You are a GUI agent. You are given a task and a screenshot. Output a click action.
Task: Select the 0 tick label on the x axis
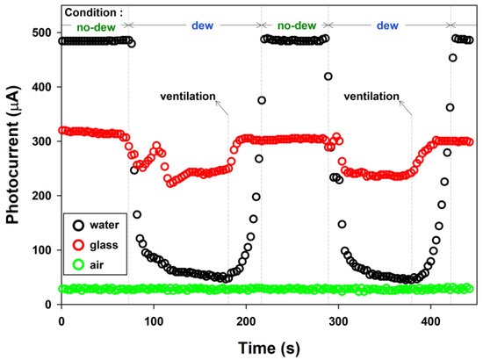tap(61, 321)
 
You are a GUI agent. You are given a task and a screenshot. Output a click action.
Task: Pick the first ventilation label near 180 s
tap(186, 97)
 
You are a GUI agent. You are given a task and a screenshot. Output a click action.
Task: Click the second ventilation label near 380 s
tap(371, 97)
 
